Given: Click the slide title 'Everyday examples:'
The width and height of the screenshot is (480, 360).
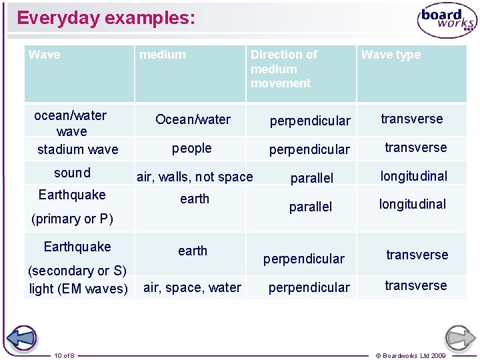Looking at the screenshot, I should [106, 18].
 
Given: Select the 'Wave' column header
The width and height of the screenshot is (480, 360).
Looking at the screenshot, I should [45, 55].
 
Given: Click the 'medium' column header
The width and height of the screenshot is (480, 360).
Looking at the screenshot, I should [163, 55].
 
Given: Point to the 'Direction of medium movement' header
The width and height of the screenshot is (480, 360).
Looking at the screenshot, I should [284, 69].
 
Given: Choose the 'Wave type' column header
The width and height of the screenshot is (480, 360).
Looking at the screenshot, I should [391, 55].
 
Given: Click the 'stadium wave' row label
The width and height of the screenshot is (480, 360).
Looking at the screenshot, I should [77, 149].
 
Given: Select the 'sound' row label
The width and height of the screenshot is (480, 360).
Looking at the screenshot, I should [72, 173].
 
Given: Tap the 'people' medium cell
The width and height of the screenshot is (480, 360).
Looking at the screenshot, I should [192, 149].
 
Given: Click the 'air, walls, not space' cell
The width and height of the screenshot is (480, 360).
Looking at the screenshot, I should [195, 177].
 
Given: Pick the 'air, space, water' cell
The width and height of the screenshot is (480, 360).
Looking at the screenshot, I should [192, 287].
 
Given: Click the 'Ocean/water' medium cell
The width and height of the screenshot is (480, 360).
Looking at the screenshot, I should [193, 119].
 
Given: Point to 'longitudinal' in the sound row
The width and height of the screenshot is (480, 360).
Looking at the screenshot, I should [413, 176].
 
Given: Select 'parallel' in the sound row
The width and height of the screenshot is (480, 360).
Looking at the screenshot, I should [311, 178].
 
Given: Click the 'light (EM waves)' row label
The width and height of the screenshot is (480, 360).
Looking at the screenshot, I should [78, 289].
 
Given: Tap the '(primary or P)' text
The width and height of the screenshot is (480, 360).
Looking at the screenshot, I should [72, 219].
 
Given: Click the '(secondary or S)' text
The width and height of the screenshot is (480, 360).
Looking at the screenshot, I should [77, 271].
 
